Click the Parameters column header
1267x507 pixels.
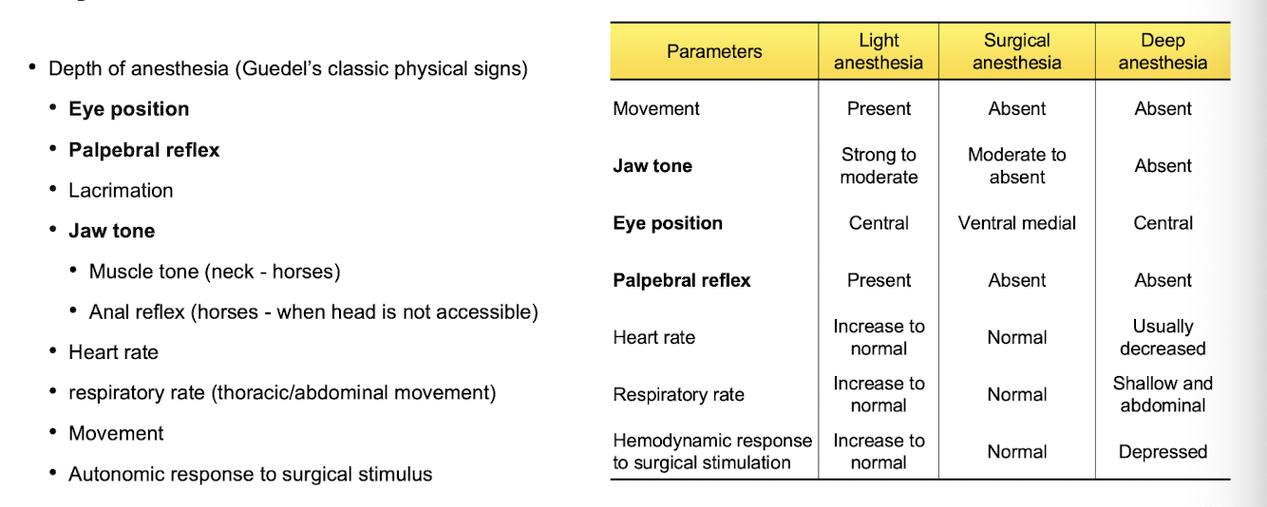[x=714, y=51]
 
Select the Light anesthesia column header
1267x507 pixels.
[x=879, y=51]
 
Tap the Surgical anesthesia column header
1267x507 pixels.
[x=1016, y=51]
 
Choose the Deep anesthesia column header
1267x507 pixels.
[x=1163, y=51]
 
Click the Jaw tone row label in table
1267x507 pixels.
[x=652, y=166]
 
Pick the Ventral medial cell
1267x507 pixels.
[x=1016, y=223]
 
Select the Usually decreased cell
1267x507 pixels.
[x=1163, y=337]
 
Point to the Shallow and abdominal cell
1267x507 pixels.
[x=1163, y=394]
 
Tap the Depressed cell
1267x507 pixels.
[x=1163, y=452]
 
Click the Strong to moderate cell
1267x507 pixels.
[x=879, y=166]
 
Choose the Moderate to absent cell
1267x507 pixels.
[x=1016, y=166]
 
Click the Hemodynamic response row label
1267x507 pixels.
[x=711, y=452]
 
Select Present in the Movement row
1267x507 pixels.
[x=879, y=109]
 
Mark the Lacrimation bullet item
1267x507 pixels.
[x=121, y=191]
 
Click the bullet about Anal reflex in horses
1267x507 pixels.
[x=313, y=312]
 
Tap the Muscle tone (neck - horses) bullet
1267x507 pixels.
[x=215, y=272]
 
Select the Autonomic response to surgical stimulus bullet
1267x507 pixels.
[x=250, y=474]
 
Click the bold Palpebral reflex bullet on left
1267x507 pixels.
[x=143, y=150]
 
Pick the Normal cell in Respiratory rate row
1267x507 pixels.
[x=1016, y=394]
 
